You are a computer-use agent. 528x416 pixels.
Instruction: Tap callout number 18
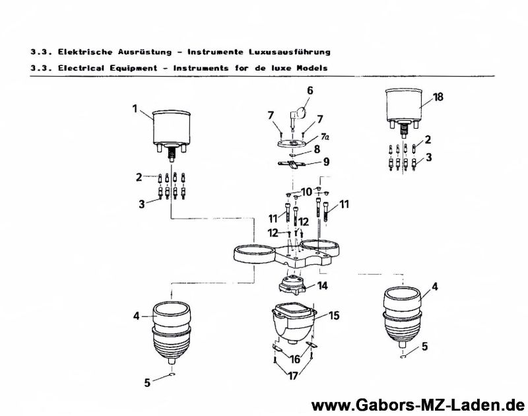(x=439, y=97)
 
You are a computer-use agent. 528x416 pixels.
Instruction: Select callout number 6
(x=310, y=90)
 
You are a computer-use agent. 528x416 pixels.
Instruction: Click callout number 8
(x=317, y=149)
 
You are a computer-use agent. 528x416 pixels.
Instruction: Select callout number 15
(x=335, y=316)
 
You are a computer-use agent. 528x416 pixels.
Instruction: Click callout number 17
(x=291, y=376)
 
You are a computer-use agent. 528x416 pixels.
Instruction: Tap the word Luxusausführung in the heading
(x=288, y=51)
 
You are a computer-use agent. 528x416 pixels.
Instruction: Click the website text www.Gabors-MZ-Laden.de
(x=418, y=404)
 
